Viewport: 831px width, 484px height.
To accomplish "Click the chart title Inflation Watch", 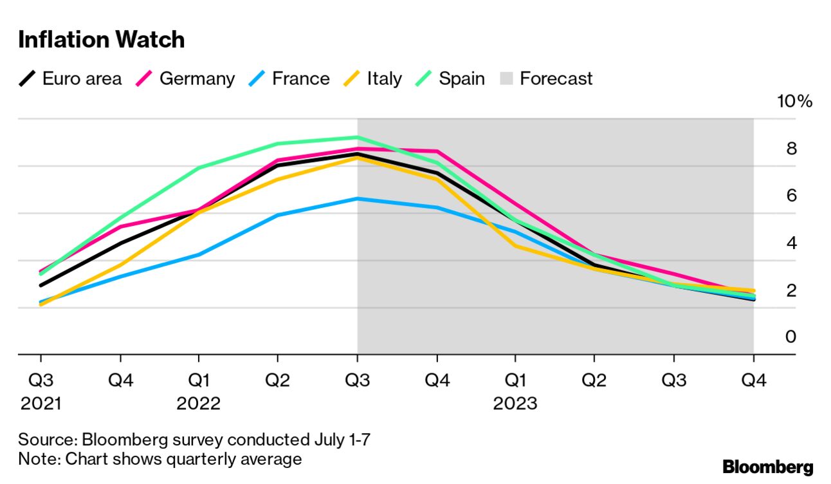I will tap(102, 40).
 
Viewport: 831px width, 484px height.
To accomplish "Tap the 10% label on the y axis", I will tap(795, 102).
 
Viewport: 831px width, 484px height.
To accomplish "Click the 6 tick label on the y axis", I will tap(791, 196).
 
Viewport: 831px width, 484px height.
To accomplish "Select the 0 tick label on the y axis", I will tap(791, 337).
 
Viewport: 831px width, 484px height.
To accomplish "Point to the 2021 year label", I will tap(41, 404).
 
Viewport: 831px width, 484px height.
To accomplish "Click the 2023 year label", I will tap(515, 404).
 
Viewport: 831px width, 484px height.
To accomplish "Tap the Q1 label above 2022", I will tap(199, 380).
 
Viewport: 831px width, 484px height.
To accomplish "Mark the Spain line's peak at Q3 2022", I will tap(358, 137).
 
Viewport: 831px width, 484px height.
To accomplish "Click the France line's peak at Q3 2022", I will tap(358, 199).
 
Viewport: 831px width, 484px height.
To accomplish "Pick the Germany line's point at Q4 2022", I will tap(437, 151).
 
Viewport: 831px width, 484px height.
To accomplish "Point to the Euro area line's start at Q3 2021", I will tap(41, 285).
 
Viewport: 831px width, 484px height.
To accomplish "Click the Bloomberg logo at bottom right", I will tap(767, 467).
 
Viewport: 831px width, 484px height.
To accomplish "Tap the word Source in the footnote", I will tap(46, 440).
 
